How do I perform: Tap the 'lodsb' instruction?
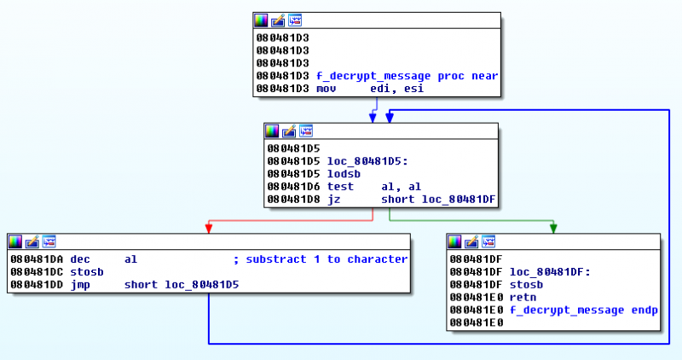342,173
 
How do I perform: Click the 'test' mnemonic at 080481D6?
339,186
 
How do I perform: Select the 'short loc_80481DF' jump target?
438,199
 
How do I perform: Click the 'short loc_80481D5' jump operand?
181,285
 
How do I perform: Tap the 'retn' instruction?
522,297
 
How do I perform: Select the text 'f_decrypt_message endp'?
583,310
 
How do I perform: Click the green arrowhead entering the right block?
553,228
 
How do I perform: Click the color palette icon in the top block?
261,20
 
